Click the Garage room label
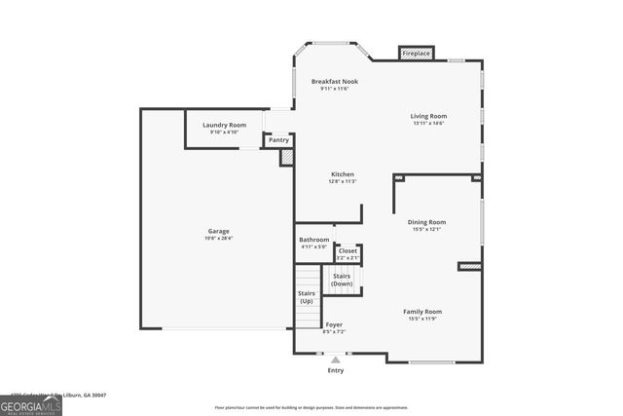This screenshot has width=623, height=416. pyautogui.click(x=218, y=231)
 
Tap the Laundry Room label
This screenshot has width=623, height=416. pyautogui.click(x=224, y=125)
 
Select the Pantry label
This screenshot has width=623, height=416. pyautogui.click(x=278, y=139)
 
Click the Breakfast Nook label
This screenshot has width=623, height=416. pyautogui.click(x=335, y=81)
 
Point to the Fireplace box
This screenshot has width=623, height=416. pyautogui.click(x=416, y=53)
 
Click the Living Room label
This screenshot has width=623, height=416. pyautogui.click(x=428, y=116)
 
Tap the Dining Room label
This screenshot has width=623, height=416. pyautogui.click(x=426, y=222)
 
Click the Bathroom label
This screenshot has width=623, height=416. pyautogui.click(x=313, y=240)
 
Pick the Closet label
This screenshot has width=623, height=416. pyautogui.click(x=348, y=250)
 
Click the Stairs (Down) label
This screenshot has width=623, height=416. pyautogui.click(x=342, y=280)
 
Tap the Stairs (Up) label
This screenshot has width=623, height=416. pyautogui.click(x=307, y=296)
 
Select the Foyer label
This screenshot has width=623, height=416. pyautogui.click(x=334, y=324)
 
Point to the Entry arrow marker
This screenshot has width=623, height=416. pyautogui.click(x=336, y=359)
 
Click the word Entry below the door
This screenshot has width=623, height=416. pyautogui.click(x=336, y=371)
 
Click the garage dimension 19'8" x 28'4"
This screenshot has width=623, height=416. pyautogui.click(x=218, y=238)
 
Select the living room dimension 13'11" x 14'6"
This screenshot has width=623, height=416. pyautogui.click(x=428, y=123)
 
